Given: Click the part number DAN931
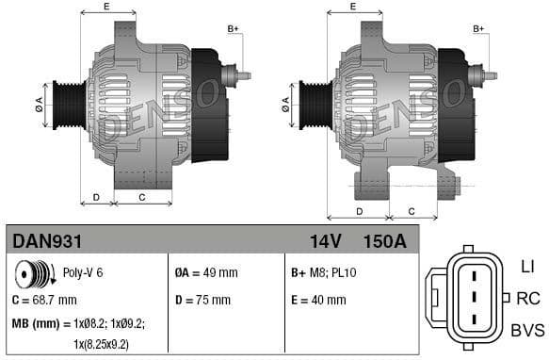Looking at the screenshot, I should [x=43, y=242].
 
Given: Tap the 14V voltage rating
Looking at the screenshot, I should [x=325, y=242].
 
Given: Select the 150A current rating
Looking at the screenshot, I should [x=385, y=242].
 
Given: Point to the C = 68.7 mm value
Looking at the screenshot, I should [x=43, y=300].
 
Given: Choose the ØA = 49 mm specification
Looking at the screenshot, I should [x=206, y=273].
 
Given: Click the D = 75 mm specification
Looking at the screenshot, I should [x=202, y=300].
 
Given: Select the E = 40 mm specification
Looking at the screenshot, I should [x=318, y=300].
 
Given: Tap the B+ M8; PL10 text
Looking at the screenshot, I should [x=325, y=273].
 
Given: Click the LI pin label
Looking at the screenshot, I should [x=526, y=268].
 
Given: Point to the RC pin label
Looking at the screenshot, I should [x=528, y=299].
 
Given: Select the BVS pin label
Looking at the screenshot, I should [x=526, y=330].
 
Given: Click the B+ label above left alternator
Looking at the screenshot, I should [x=234, y=29].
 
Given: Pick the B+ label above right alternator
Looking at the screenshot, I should [x=478, y=29].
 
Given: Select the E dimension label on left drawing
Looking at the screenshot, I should [x=105, y=8].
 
